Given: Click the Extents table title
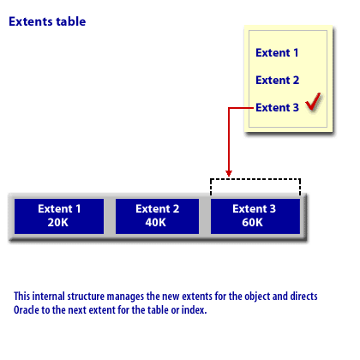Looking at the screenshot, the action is click(47, 21).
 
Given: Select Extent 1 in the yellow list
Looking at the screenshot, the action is click(277, 52).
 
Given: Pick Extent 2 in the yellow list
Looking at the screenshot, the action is click(278, 80).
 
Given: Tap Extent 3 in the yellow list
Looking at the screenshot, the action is click(278, 107).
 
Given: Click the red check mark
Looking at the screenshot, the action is click(313, 102).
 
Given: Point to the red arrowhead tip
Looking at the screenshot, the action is click(229, 177).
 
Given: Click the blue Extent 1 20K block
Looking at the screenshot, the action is click(59, 216).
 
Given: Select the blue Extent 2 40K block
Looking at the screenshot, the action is click(157, 216).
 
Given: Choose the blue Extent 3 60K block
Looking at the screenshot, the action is click(255, 216).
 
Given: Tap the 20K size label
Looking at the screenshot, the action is click(58, 222).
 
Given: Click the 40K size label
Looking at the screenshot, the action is click(156, 222).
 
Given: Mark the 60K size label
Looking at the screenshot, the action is click(253, 222).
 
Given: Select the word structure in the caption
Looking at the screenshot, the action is click(86, 297).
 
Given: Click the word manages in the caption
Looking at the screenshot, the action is click(125, 297).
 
